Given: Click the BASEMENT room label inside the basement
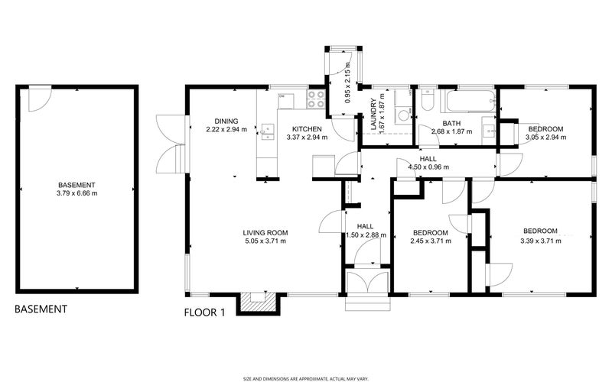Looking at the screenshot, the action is click(x=76, y=185).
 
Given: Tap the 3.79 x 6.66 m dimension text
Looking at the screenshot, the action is click(x=77, y=193).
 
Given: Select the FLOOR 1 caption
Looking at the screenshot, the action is click(x=204, y=312).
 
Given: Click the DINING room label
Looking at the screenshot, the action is click(x=226, y=121).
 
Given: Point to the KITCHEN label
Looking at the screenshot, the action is click(x=308, y=129).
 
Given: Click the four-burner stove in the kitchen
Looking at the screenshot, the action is click(x=316, y=99).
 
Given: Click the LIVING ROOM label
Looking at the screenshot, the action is click(x=265, y=233).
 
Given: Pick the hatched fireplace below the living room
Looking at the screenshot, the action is click(x=258, y=302).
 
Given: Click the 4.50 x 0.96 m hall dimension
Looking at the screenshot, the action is click(x=428, y=167).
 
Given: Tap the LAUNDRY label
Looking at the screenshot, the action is click(x=373, y=114).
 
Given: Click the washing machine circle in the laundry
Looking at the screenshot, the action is click(x=402, y=116).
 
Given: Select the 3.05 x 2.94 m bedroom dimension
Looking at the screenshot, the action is click(x=546, y=138).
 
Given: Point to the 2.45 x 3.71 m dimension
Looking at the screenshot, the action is click(x=431, y=241).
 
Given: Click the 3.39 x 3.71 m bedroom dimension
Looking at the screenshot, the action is click(x=541, y=241).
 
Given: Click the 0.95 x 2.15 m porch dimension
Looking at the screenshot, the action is click(x=348, y=83).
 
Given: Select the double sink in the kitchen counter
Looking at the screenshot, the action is click(x=267, y=131).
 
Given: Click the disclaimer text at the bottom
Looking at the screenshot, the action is click(x=306, y=379).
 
